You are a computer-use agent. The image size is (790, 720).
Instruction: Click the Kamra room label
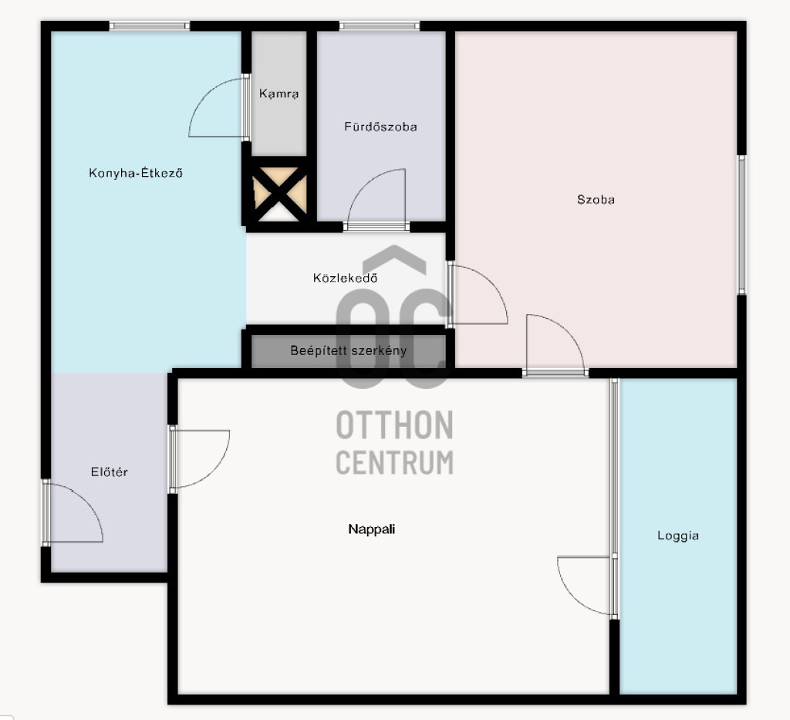(x=279, y=93)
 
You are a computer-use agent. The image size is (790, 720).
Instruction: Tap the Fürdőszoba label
(x=380, y=127)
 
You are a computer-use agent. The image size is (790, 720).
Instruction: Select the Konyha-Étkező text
(x=136, y=173)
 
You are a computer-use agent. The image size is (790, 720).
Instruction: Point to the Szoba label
(x=596, y=200)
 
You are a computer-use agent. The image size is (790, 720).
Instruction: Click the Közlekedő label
(x=345, y=278)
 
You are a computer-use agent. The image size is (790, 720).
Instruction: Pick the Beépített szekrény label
(x=348, y=350)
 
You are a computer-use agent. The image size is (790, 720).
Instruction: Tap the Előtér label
(x=110, y=472)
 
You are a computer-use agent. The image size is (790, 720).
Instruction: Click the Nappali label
(x=371, y=529)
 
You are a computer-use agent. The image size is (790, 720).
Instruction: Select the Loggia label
(x=677, y=536)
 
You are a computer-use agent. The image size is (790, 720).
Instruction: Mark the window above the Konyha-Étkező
(x=150, y=25)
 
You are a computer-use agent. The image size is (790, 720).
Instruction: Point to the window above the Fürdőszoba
(x=380, y=25)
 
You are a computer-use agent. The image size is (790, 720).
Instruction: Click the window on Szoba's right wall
(x=741, y=225)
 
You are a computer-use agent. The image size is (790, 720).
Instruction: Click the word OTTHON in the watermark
(x=394, y=425)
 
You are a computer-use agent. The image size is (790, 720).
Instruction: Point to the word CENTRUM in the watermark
(x=394, y=462)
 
